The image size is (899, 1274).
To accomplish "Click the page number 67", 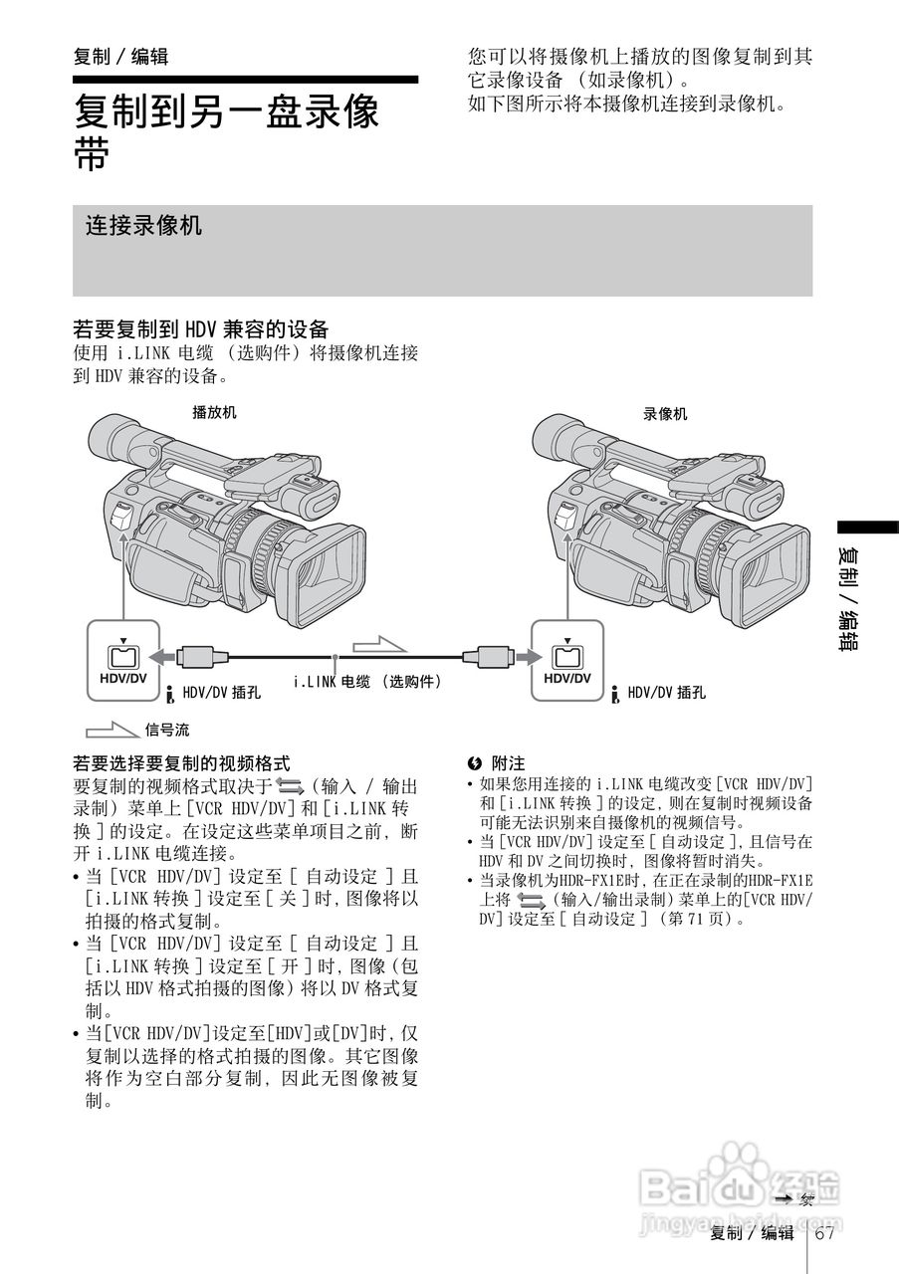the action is pos(823,1234).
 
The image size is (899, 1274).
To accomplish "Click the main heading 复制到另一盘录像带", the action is pos(227,130).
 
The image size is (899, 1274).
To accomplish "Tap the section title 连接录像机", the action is pos(143,226).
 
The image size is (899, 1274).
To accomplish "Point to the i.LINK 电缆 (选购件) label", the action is pos(366,682).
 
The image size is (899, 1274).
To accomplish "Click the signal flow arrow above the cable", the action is pos(380,641).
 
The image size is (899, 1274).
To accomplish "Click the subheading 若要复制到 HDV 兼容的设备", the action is pos(200,328).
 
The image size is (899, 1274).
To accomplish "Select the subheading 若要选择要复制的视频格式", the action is pos(181,763).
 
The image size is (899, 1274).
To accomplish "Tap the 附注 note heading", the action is pos(508,763).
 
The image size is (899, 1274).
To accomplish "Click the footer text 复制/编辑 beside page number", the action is pos(752,1234).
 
